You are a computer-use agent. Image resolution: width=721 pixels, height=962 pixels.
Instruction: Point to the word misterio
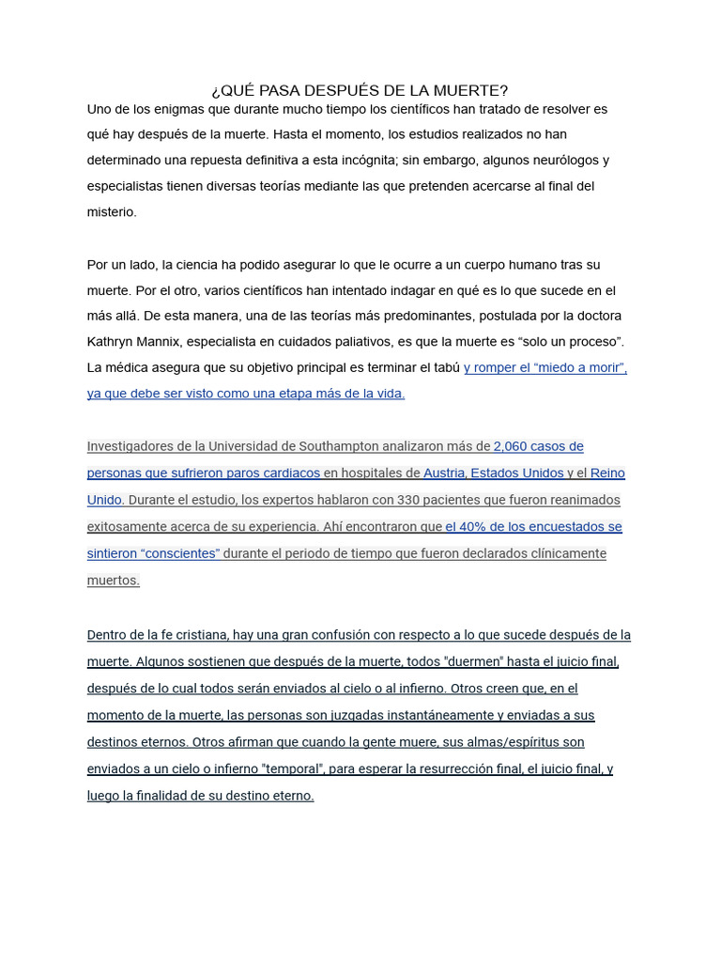click(112, 212)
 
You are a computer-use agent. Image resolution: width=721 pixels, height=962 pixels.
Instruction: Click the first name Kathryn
click(115, 341)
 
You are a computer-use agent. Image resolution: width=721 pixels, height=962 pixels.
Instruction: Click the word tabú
click(445, 367)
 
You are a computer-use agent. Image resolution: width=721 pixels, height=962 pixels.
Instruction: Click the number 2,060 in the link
click(511, 446)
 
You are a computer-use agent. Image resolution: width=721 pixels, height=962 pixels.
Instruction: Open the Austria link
click(443, 473)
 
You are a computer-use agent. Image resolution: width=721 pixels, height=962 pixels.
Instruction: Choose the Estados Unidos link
click(517, 473)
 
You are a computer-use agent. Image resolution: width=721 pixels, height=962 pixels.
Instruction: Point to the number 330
click(412, 500)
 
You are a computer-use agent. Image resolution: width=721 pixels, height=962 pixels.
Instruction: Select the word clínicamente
click(563, 553)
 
